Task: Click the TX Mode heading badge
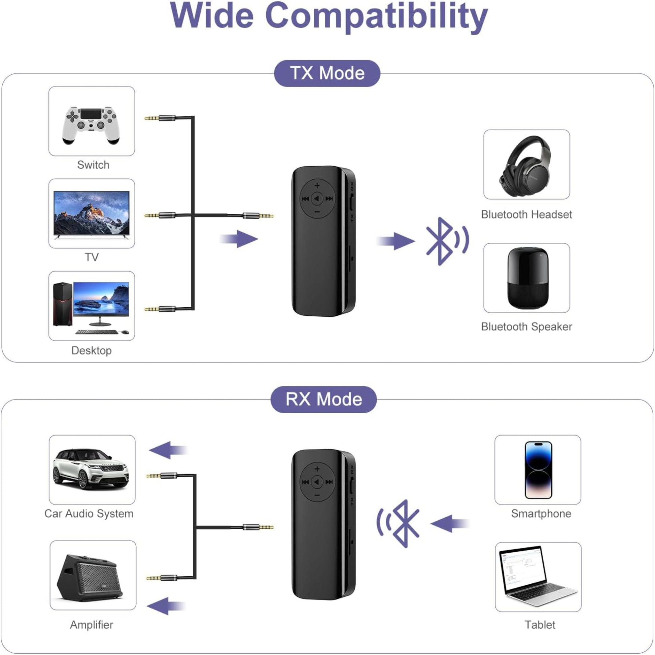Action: tap(327, 73)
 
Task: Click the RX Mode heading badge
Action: tap(323, 399)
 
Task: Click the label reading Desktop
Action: tap(92, 350)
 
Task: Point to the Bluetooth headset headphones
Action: tap(525, 166)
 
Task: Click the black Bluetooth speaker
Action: tap(527, 278)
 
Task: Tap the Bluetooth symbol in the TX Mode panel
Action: tap(441, 241)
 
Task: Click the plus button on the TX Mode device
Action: tap(317, 185)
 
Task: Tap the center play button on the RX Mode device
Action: tap(317, 481)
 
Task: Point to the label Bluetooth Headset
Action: tap(526, 214)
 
